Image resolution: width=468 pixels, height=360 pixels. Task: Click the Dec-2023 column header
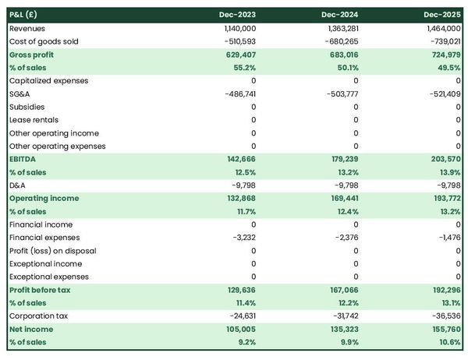237,15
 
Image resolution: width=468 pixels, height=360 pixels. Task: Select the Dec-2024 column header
340,15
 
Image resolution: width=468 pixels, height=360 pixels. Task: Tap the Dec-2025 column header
442,15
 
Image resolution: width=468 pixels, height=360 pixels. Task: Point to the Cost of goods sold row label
44,41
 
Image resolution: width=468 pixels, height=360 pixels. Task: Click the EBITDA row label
24,159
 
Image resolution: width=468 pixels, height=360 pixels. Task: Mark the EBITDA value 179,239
342,159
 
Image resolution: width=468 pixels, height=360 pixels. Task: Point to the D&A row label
18,185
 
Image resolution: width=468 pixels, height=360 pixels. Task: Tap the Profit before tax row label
40,290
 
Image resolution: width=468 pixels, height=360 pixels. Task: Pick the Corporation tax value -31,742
342,316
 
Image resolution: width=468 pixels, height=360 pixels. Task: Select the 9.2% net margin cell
246,342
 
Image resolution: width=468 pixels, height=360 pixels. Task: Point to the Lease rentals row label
32,120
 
